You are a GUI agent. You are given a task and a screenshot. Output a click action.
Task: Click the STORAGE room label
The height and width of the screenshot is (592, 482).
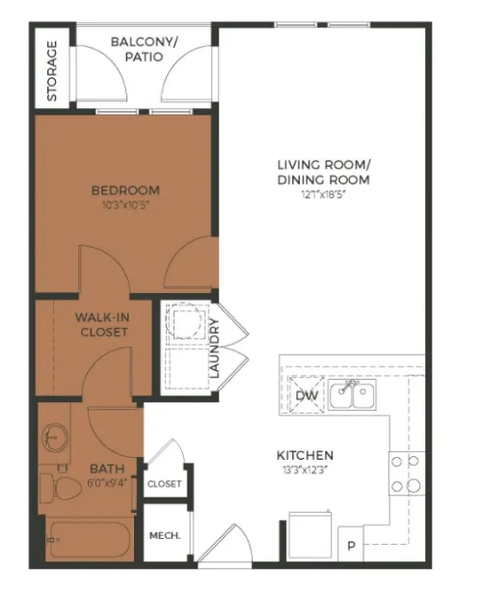click(x=52, y=71)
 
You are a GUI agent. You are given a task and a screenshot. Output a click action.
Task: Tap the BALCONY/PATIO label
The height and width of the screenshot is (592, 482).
click(x=144, y=49)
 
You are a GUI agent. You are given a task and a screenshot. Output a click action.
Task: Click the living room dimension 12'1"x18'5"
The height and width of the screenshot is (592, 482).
click(x=324, y=195)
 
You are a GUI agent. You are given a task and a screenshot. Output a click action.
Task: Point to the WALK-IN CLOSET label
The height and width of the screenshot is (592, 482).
click(x=102, y=325)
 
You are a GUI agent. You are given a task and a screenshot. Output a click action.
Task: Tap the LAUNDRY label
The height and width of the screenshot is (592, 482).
click(x=214, y=348)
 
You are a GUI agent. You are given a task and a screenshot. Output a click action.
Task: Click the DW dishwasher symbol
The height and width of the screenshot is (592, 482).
click(x=307, y=395)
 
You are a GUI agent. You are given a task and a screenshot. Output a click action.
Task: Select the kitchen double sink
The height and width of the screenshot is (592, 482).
click(x=352, y=394)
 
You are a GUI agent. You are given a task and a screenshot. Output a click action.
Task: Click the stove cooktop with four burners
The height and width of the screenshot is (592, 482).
click(x=407, y=473)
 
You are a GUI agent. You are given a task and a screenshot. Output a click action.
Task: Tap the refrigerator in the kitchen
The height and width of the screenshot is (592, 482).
click(x=310, y=534)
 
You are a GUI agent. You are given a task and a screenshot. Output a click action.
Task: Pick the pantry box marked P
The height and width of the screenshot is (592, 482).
click(x=351, y=544)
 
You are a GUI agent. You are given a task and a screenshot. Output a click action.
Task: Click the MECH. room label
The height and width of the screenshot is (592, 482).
click(x=165, y=536)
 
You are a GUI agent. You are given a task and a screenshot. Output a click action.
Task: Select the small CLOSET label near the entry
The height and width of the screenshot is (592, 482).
click(x=165, y=484)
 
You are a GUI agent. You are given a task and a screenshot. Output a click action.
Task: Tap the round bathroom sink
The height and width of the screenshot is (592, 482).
click(x=55, y=437)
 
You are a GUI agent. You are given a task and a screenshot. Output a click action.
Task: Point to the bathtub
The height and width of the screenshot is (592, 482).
click(x=90, y=540)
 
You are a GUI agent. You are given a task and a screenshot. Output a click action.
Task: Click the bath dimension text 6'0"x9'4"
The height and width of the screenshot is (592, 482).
click(x=108, y=483)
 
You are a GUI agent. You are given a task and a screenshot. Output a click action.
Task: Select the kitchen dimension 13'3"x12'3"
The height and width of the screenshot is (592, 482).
click(x=305, y=471)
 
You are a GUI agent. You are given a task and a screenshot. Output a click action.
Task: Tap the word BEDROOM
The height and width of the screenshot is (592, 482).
click(x=125, y=190)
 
